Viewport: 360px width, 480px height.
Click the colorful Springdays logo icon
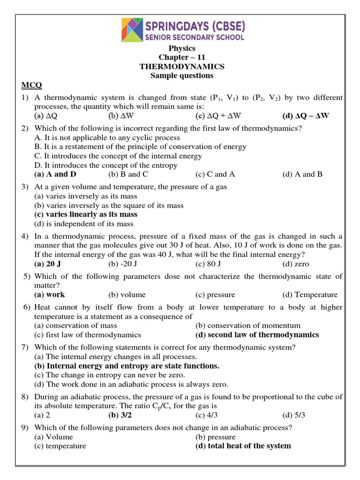[133, 30]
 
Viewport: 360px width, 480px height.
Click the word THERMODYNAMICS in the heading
[182, 67]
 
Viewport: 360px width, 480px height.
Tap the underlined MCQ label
[31, 85]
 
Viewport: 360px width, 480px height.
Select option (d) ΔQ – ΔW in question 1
[306, 115]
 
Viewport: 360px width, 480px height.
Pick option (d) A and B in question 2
[302, 174]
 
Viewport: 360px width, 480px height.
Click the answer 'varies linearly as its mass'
[86, 214]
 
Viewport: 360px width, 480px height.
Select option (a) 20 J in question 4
[48, 264]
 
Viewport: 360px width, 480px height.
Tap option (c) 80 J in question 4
[210, 264]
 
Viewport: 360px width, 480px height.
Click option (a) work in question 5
[50, 295]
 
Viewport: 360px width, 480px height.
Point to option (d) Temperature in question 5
[309, 295]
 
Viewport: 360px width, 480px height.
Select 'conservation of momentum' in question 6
[248, 325]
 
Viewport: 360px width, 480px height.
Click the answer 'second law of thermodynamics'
[257, 335]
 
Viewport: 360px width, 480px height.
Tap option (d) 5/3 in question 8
[293, 415]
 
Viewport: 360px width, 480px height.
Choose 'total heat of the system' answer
[243, 446]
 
